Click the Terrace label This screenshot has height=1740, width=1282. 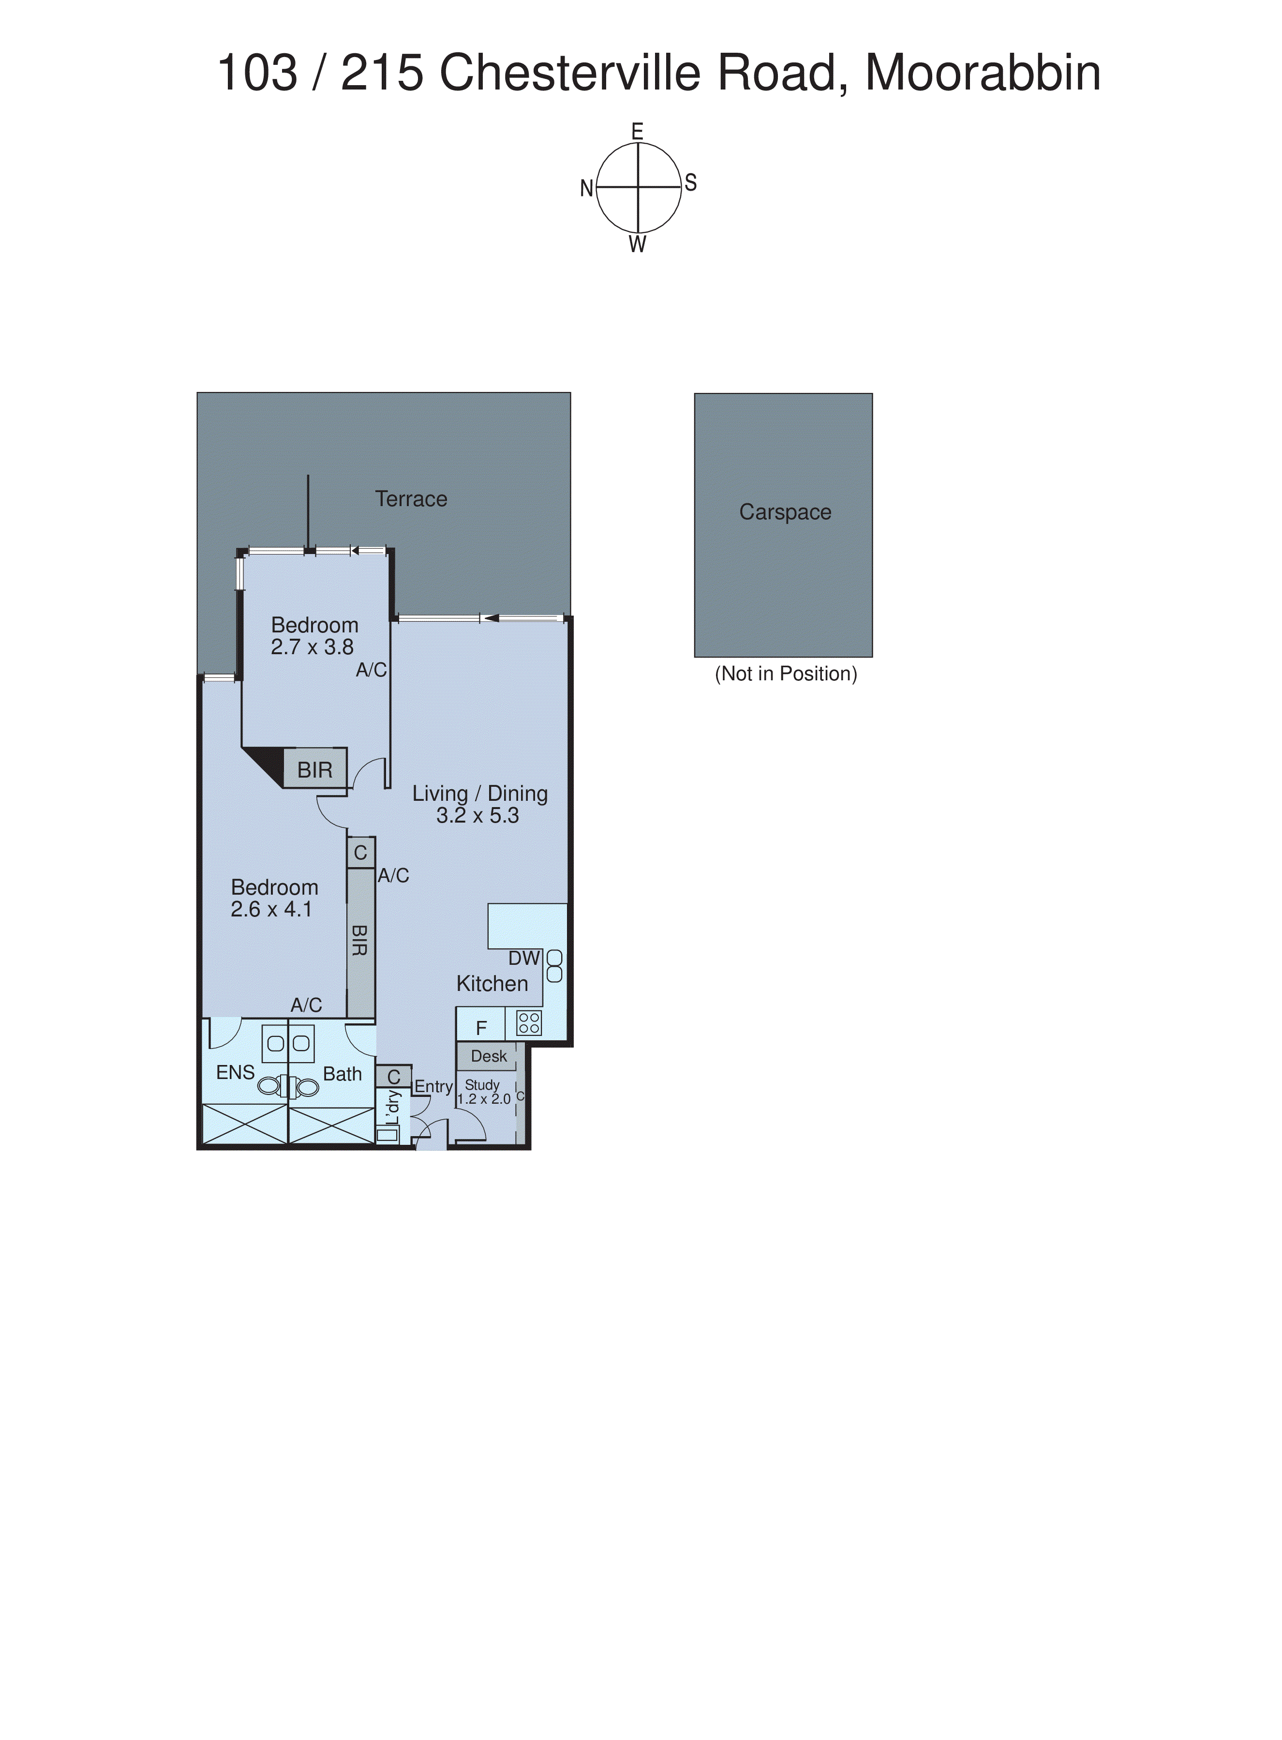click(x=411, y=499)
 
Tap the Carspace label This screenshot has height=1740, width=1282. click(x=785, y=512)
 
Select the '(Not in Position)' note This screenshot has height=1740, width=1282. click(x=785, y=674)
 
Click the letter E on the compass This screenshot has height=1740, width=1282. click(x=637, y=132)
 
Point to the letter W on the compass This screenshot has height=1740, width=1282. click(x=637, y=244)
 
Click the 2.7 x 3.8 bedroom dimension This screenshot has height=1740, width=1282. click(x=312, y=647)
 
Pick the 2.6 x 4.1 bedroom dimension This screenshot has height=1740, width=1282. click(x=271, y=910)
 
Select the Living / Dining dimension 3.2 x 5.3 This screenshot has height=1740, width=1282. click(x=477, y=816)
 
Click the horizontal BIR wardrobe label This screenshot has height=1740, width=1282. click(x=314, y=770)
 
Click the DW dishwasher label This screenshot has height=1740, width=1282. click(x=524, y=959)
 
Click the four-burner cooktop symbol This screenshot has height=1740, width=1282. click(x=528, y=1023)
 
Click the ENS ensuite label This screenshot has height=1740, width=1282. click(x=235, y=1073)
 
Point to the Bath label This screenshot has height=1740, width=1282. click(x=342, y=1074)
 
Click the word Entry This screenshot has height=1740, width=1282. click(x=433, y=1086)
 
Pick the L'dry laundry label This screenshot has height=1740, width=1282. click(x=393, y=1108)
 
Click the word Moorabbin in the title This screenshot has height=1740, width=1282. click(x=983, y=73)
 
